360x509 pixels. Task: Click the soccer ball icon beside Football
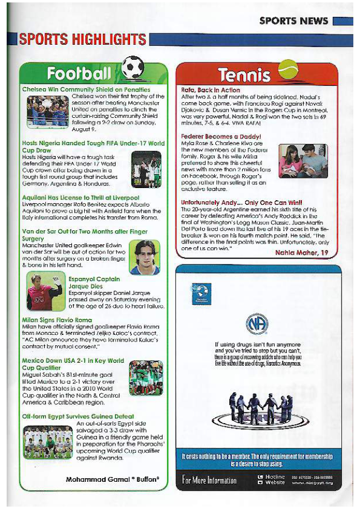tap(133, 68)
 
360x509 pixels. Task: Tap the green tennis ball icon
tap(288, 72)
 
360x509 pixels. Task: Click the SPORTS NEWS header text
tap(293, 21)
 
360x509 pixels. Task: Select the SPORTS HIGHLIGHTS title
tap(82, 40)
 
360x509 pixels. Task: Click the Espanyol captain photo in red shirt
tap(44, 290)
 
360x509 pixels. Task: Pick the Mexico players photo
tap(146, 376)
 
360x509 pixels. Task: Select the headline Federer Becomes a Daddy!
tap(221, 137)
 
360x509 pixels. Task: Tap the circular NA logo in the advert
tap(256, 324)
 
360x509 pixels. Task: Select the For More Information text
tap(209, 480)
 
